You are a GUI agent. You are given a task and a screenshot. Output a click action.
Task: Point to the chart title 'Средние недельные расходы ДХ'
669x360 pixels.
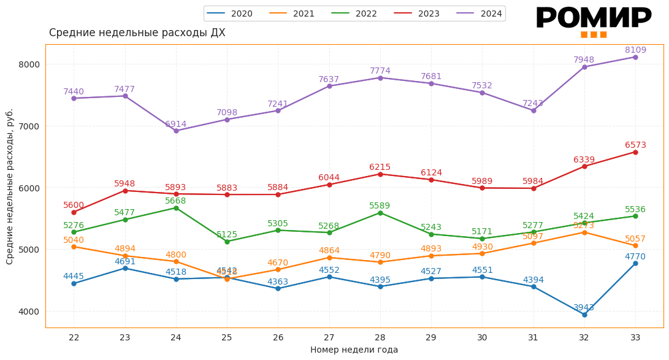pos(137,33)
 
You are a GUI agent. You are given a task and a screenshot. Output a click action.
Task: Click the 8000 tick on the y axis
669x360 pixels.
pos(28,64)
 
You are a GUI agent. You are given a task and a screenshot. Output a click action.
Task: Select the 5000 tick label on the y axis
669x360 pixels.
pos(28,250)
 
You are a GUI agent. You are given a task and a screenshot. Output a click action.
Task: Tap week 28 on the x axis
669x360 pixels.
pos(380,337)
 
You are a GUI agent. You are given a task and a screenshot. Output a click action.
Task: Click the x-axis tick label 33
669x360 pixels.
pos(635,337)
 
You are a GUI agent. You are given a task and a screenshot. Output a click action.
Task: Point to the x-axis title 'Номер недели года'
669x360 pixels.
pos(354,350)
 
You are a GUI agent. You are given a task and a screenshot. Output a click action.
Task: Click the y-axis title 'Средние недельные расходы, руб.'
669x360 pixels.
pos(10,186)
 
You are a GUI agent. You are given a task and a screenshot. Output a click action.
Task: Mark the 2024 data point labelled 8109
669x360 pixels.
pos(635,57)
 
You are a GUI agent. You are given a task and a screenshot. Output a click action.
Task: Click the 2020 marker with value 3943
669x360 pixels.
pos(584,315)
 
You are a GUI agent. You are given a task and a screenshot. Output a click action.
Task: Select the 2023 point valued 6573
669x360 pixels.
pos(635,152)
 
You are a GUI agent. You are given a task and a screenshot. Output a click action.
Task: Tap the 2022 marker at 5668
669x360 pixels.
pos(176,208)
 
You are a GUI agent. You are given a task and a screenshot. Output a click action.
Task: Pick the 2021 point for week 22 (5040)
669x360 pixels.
pos(74,247)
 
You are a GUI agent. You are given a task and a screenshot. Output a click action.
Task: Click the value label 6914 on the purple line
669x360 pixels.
pos(176,124)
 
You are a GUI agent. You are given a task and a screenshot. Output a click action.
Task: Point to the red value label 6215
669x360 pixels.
pos(380,167)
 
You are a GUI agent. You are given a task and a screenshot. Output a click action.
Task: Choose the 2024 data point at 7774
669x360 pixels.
pos(380,78)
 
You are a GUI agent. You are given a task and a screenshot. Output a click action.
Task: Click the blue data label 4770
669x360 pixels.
pos(635,257)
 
